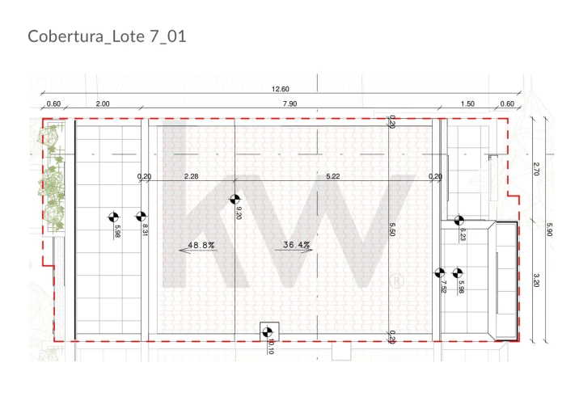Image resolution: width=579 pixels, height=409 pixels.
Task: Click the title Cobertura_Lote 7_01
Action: (107, 36)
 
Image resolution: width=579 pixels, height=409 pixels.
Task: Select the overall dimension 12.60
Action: (281, 89)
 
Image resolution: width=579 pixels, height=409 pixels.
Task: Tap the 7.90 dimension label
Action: (289, 103)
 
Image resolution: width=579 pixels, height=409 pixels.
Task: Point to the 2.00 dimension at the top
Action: (103, 103)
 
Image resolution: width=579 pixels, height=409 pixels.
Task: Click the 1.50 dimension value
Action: (467, 103)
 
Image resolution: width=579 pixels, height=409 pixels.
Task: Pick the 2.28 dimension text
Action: (192, 176)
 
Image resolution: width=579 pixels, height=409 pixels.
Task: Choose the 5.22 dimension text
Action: (332, 176)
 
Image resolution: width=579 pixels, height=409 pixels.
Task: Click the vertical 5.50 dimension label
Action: (392, 230)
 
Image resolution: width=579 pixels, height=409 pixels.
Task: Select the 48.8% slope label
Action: (201, 245)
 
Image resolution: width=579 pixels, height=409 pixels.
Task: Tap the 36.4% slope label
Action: (296, 244)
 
